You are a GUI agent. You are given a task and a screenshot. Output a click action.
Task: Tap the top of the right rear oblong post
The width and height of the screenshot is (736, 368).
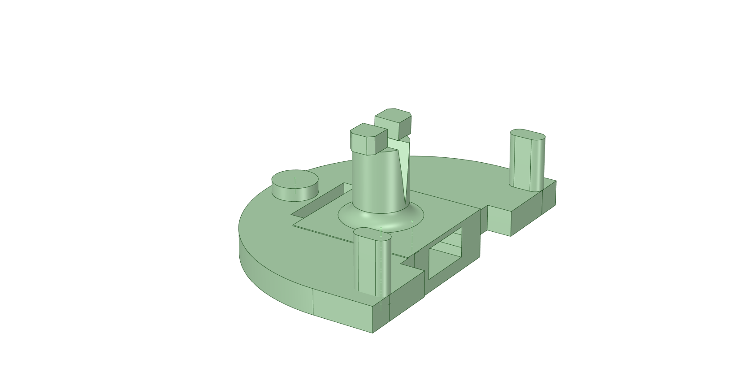[x=528, y=134]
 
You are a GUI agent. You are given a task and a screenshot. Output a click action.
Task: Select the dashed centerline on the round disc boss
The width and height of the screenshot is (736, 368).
[x=295, y=182]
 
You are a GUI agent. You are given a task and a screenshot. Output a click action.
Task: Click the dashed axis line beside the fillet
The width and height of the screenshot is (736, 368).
[x=412, y=235]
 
